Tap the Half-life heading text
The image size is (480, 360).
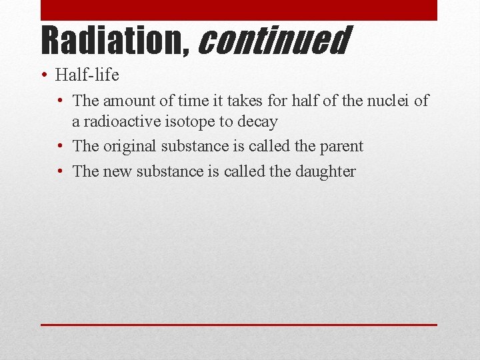[x=87, y=75]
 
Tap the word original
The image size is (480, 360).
[x=130, y=146]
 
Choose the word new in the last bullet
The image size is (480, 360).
[x=117, y=171]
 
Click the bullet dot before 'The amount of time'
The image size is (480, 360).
[x=60, y=101]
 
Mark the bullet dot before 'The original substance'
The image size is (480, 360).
[x=60, y=146]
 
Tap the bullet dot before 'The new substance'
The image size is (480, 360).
[x=60, y=171]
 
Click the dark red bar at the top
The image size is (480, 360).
[x=239, y=10]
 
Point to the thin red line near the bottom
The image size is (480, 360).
[x=239, y=325]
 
